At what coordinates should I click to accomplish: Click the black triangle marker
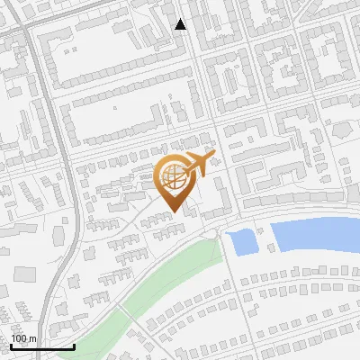pos(181,24)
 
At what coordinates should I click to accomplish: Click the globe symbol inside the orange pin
pos(175,178)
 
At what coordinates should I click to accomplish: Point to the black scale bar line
pos(42,346)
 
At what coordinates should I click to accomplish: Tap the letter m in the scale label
pos(32,338)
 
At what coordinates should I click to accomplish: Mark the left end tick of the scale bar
pos(11,345)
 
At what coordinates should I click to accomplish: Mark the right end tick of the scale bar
pos(74,345)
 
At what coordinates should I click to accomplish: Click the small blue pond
pos(242,241)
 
